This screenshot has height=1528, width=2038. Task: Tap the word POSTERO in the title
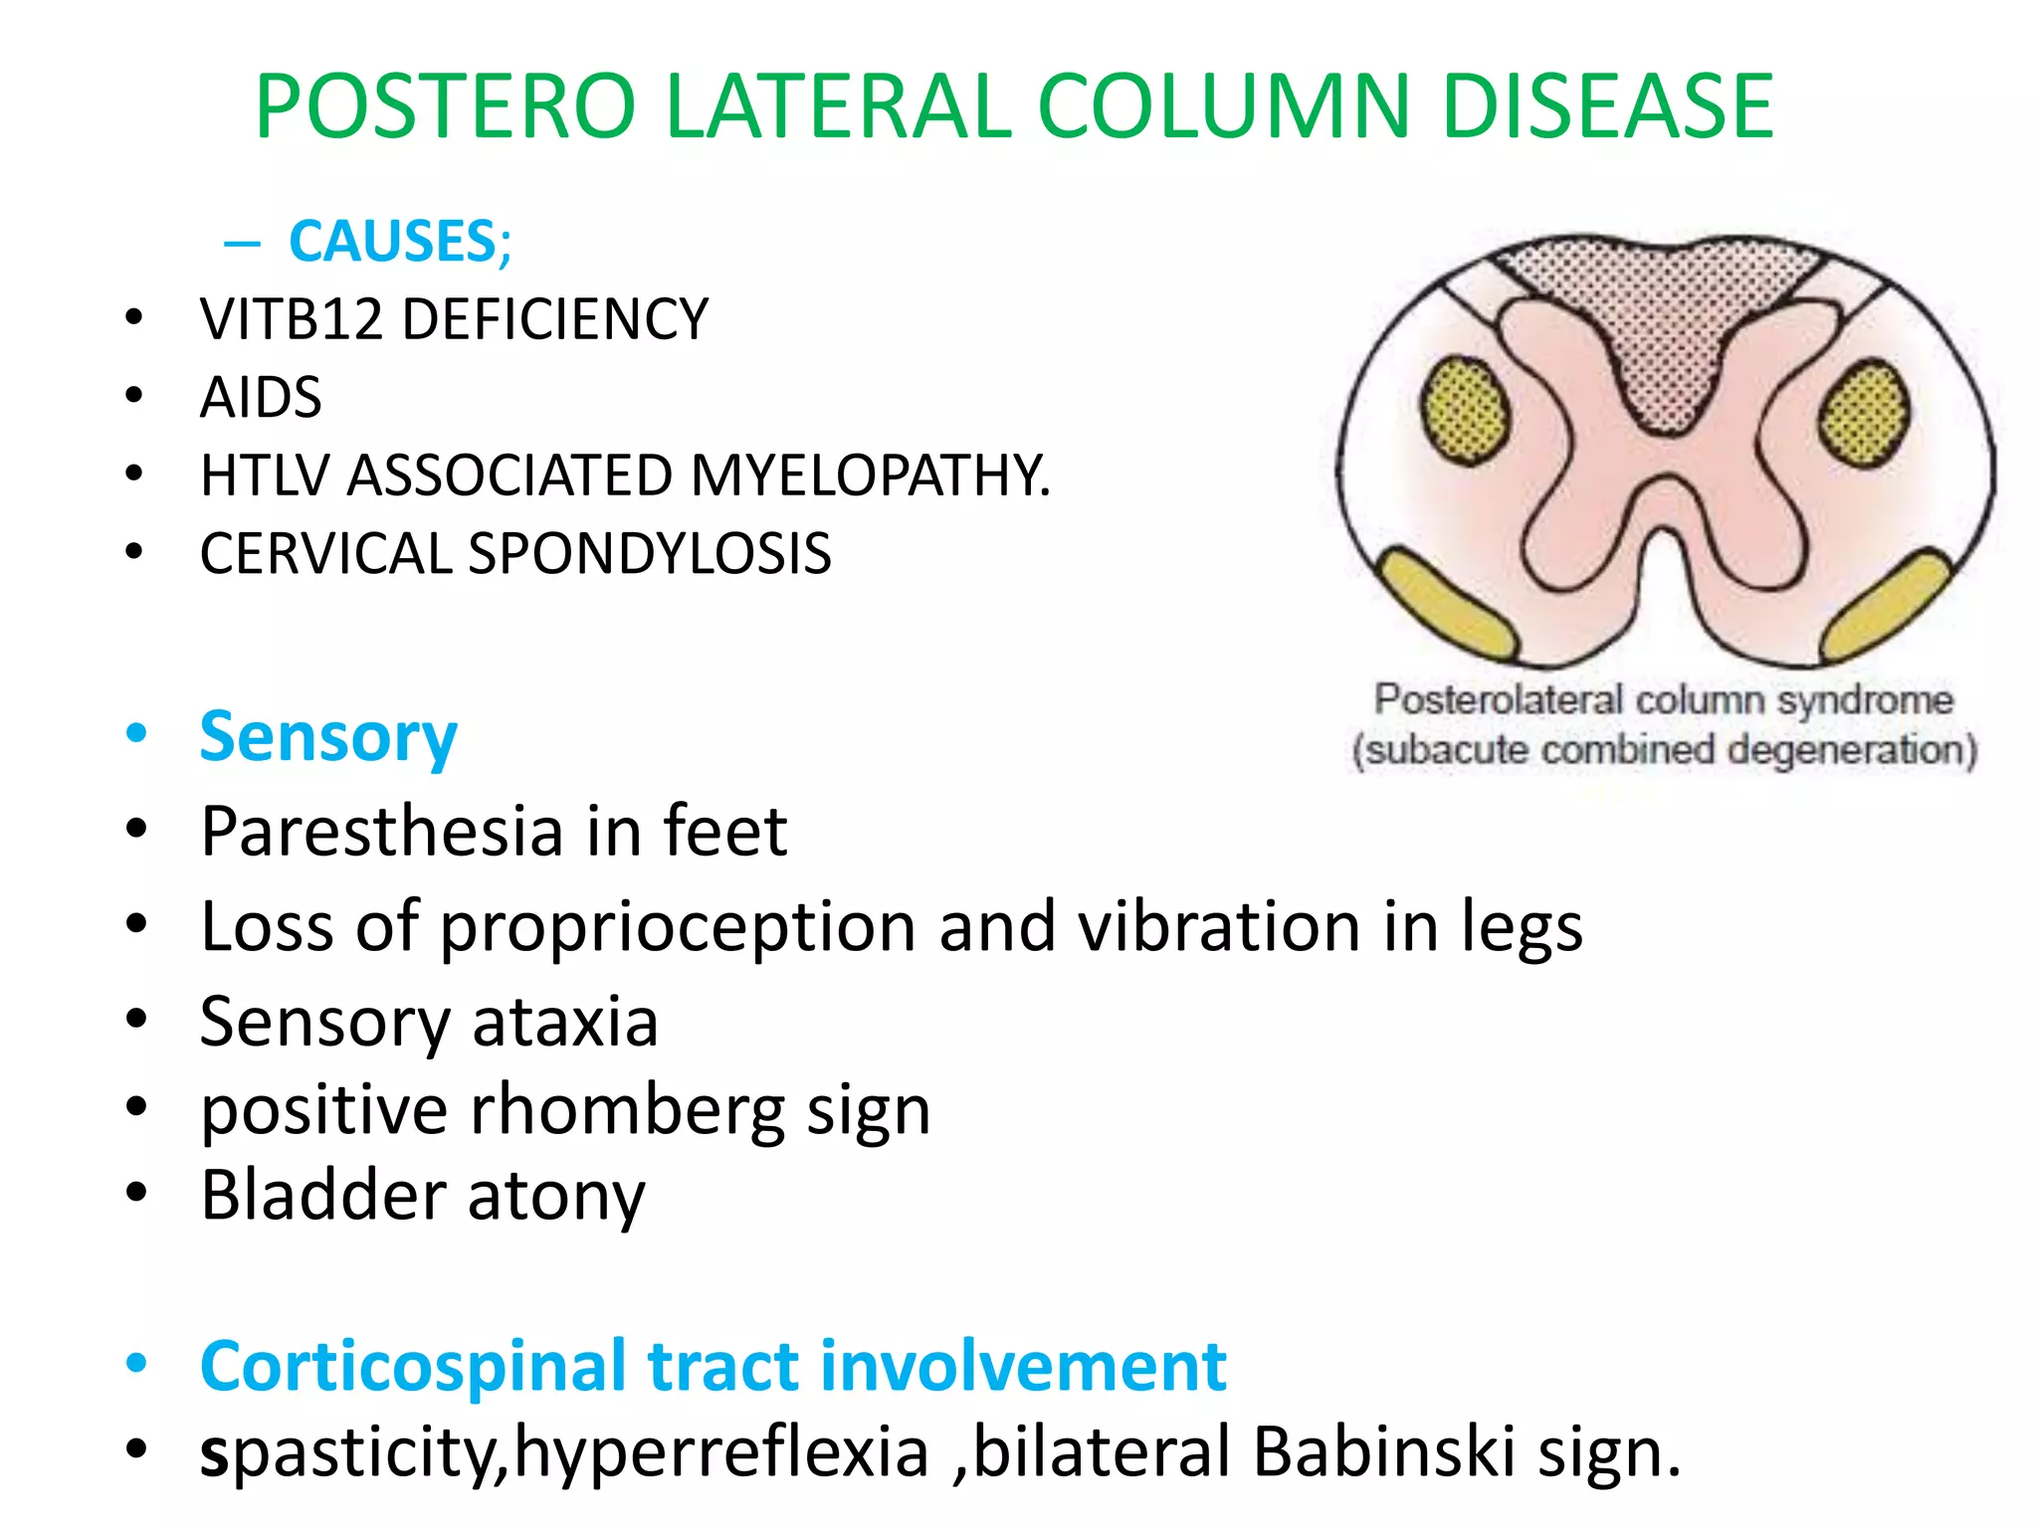445,106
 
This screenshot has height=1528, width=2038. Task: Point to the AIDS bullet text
261,398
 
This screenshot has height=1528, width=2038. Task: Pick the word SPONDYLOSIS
649,554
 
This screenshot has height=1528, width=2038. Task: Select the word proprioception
678,927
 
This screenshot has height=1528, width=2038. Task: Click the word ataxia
564,1022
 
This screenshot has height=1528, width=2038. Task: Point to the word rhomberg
627,1110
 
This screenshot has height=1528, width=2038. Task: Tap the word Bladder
321,1195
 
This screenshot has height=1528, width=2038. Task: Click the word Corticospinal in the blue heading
413,1367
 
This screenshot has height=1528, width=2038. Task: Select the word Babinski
1383,1452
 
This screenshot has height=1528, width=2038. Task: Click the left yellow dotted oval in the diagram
1464,411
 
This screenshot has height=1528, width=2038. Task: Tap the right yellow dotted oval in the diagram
1864,413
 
